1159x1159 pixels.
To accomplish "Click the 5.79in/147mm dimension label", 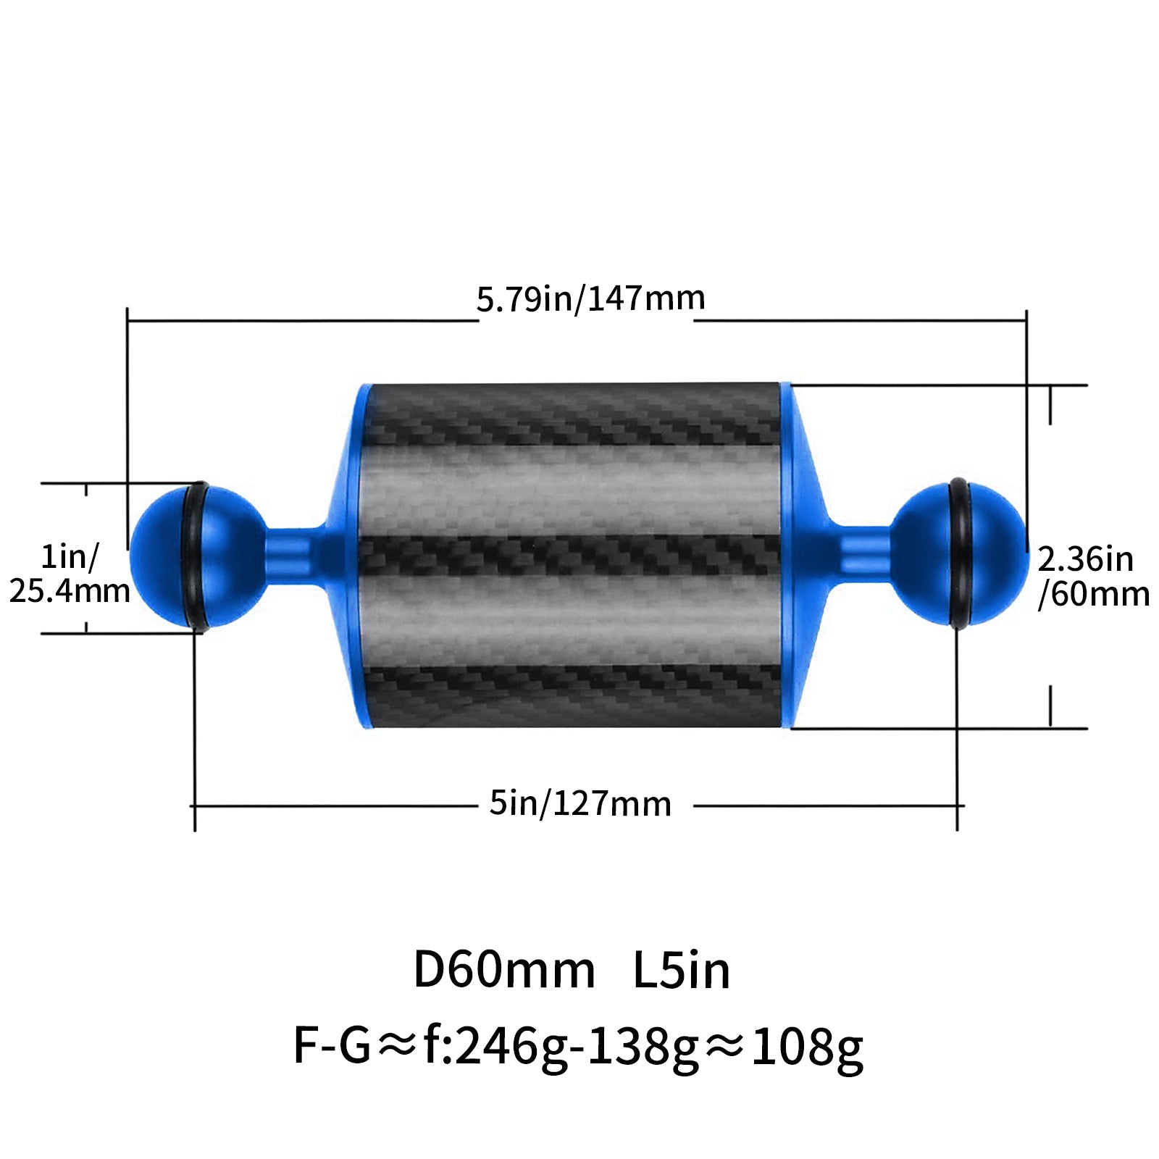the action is click(590, 298).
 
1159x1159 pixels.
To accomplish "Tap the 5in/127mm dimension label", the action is click(580, 804).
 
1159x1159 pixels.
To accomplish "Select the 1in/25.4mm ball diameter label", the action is click(70, 574).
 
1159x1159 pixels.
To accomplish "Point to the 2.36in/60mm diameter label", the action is click(1093, 577).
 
